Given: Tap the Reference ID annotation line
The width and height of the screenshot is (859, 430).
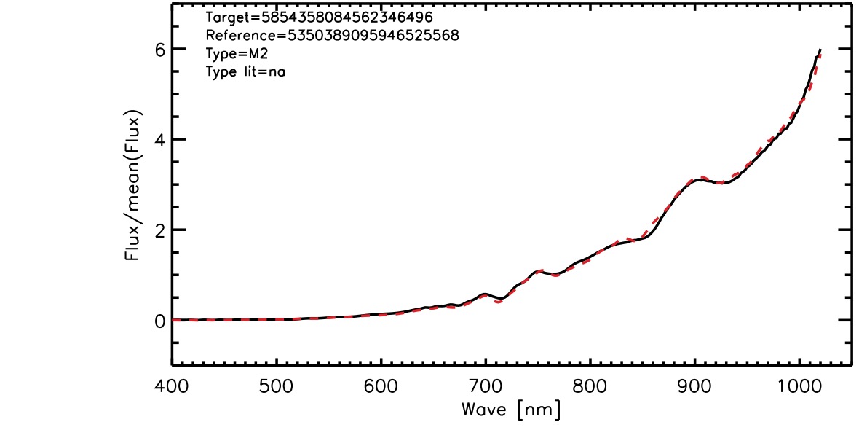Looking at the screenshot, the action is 333,35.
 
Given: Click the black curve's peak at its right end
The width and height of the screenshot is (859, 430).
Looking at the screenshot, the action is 820,50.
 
